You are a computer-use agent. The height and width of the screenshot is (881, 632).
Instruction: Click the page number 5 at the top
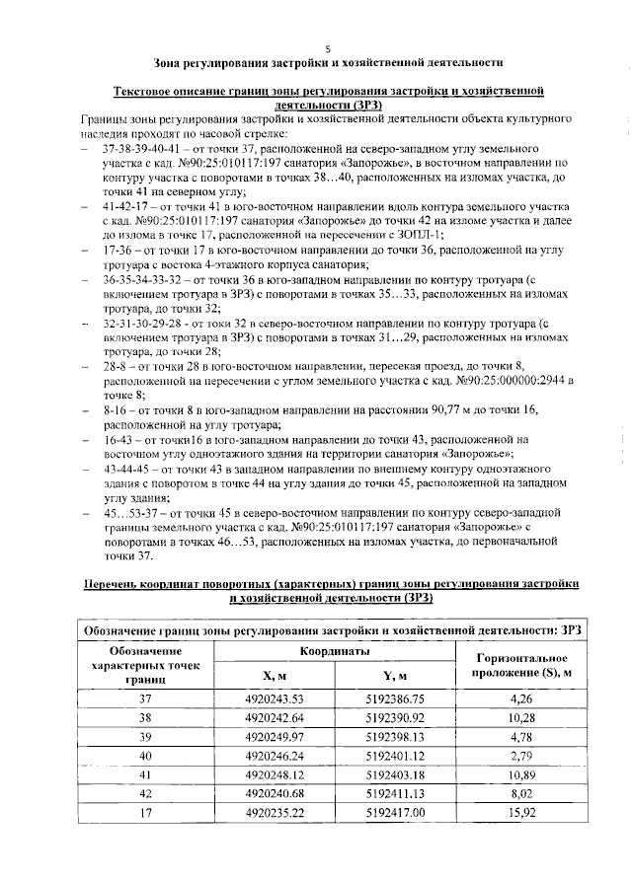click(327, 46)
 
